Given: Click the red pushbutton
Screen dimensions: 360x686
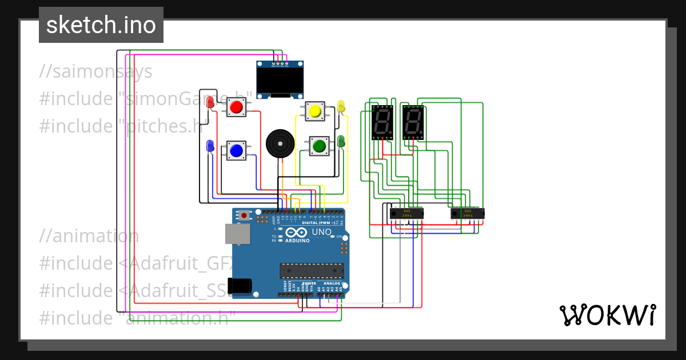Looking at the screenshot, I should click(x=236, y=107).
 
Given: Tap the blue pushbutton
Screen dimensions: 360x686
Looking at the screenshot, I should click(x=236, y=150).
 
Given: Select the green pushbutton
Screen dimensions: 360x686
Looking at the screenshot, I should click(x=318, y=146).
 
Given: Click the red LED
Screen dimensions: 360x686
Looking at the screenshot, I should click(x=210, y=103).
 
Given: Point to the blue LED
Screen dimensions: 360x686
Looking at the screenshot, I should click(x=210, y=146).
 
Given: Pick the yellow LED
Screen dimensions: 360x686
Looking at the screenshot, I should click(x=341, y=106).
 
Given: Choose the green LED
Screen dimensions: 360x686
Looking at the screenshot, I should click(x=341, y=141).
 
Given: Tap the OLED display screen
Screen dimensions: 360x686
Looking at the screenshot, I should click(x=280, y=82).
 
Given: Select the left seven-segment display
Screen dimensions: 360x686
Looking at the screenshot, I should click(x=382, y=122).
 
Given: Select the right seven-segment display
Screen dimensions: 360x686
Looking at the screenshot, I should click(x=413, y=122).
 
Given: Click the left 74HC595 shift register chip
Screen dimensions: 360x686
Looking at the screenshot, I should click(x=406, y=213).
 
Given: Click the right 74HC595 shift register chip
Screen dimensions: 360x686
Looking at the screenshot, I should click(x=467, y=213).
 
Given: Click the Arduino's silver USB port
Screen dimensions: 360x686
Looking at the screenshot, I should click(x=237, y=234).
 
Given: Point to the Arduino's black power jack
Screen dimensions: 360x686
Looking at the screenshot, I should click(x=239, y=285).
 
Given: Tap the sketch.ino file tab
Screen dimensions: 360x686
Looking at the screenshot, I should click(x=101, y=25).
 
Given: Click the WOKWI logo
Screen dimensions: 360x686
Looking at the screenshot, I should click(x=607, y=315).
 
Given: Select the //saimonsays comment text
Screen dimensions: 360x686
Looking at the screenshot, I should click(x=96, y=72).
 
